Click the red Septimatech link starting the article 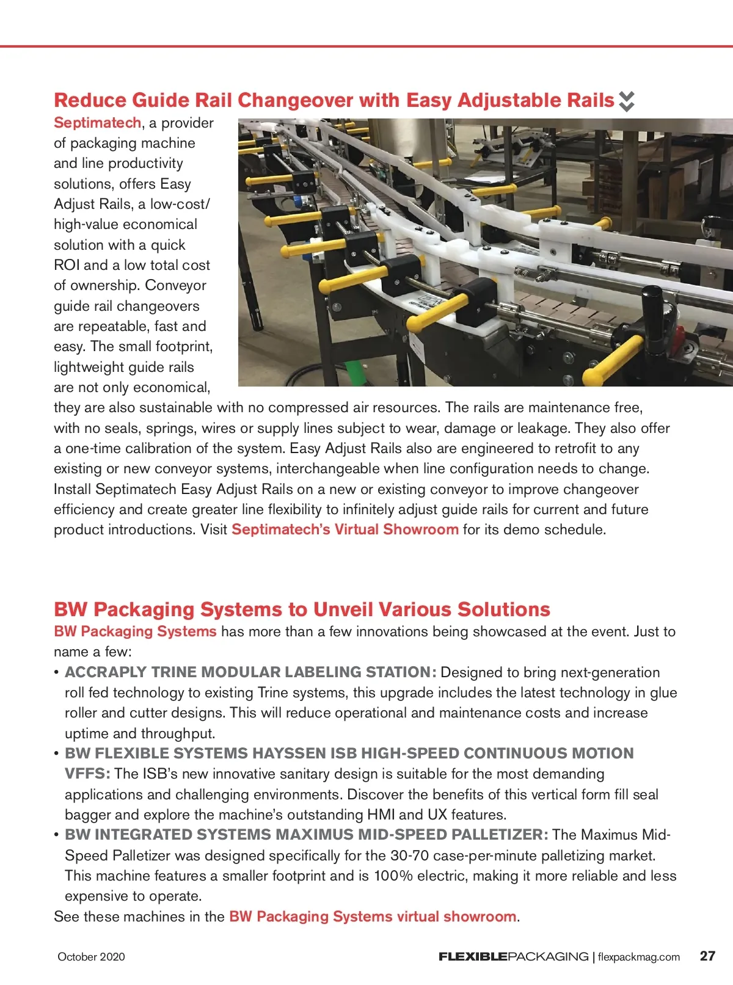(x=97, y=123)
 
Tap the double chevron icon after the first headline (x=627, y=101)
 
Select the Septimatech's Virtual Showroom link (x=345, y=529)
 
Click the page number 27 (x=707, y=956)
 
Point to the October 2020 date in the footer (x=91, y=957)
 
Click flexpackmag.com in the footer (x=639, y=957)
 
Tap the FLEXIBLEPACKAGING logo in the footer (x=513, y=957)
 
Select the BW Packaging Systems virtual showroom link (x=373, y=917)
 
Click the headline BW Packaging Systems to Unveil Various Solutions (x=302, y=609)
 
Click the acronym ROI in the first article (x=67, y=265)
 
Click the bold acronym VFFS (x=87, y=774)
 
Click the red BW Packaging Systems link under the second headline (x=135, y=631)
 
